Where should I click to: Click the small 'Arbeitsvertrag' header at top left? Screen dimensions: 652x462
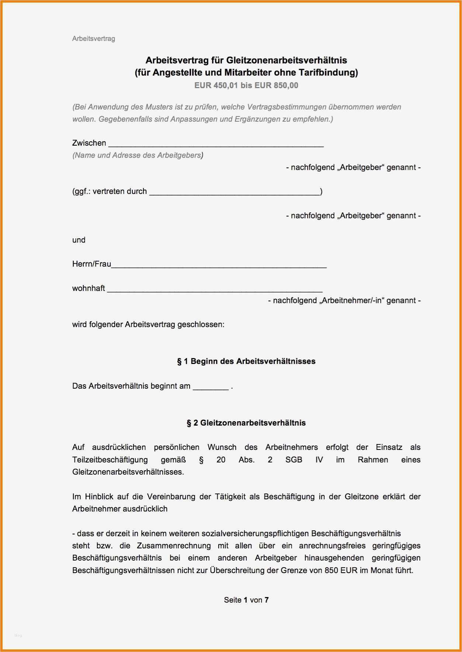pos(93,39)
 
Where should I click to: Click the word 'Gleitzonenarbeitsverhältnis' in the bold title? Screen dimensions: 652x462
pos(286,60)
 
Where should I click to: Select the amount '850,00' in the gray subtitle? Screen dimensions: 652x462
pos(286,86)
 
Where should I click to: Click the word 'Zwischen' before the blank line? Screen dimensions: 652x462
pos(89,143)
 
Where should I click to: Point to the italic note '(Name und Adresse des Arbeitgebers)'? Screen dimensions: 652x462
pos(138,155)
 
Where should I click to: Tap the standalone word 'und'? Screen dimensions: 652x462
pos(79,240)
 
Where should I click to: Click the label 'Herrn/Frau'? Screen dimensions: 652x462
pos(91,264)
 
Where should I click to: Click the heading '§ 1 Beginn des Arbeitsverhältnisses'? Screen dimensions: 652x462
pos(246,361)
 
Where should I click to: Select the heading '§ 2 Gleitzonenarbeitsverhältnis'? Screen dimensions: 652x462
pos(246,423)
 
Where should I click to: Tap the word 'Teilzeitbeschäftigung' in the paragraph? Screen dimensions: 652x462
pos(110,460)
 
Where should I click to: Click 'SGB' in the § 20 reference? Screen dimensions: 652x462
pos(293,460)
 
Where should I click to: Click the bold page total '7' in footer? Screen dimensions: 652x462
pos(267,600)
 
